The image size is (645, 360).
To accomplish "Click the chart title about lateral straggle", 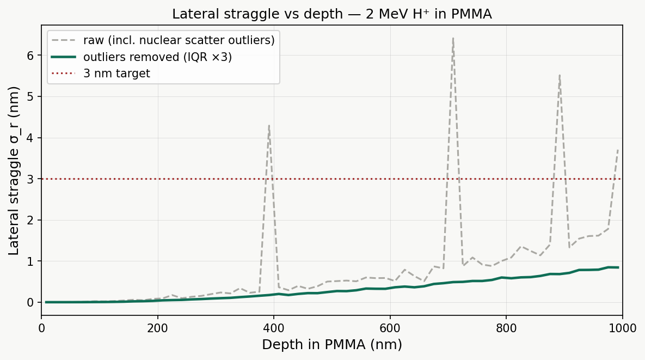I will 331,14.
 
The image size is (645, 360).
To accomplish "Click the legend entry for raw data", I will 179,40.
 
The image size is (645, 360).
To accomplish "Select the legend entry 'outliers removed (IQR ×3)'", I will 157,57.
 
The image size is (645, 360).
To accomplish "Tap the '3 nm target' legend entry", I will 116,73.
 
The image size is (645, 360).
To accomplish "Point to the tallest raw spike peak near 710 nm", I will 453,38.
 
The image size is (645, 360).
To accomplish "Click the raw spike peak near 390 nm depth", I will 269,125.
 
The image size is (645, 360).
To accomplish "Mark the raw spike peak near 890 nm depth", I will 560,75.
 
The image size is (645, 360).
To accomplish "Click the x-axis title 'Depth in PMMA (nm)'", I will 331,345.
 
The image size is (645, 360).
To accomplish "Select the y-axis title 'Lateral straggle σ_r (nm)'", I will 14,170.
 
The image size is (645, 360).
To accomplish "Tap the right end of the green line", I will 618,267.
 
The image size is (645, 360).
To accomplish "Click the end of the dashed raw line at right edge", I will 618,149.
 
